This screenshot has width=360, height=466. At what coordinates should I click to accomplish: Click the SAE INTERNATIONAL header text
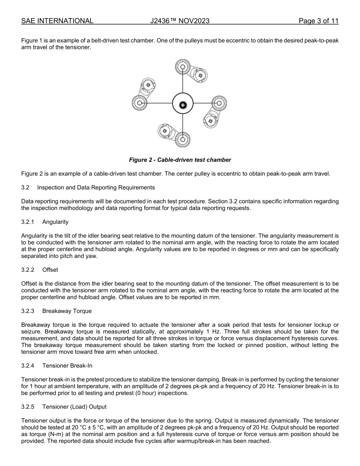coord(57,21)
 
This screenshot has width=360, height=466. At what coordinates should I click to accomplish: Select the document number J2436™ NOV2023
coord(180,21)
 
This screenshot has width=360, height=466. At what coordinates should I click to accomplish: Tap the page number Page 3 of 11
coord(318,21)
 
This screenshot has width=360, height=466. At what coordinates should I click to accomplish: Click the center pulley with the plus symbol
coord(183,104)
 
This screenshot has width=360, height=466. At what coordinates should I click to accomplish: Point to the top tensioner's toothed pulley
coord(182,68)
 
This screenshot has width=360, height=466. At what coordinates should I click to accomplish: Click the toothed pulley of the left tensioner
coord(139,103)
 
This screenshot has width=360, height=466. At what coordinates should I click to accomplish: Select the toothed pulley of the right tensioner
coord(219,103)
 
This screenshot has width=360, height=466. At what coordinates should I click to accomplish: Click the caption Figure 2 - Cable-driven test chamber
coord(180,160)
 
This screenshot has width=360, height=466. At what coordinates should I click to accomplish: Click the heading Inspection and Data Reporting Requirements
coord(96,188)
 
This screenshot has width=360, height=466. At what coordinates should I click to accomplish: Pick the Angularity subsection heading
coord(55,222)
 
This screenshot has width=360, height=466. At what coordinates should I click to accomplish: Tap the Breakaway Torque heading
coord(67,311)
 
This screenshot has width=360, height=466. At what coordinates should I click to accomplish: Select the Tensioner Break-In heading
coord(67,366)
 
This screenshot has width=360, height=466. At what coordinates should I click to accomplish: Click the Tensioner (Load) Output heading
coord(74,407)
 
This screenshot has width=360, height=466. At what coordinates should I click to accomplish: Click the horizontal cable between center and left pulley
coord(159,103)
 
